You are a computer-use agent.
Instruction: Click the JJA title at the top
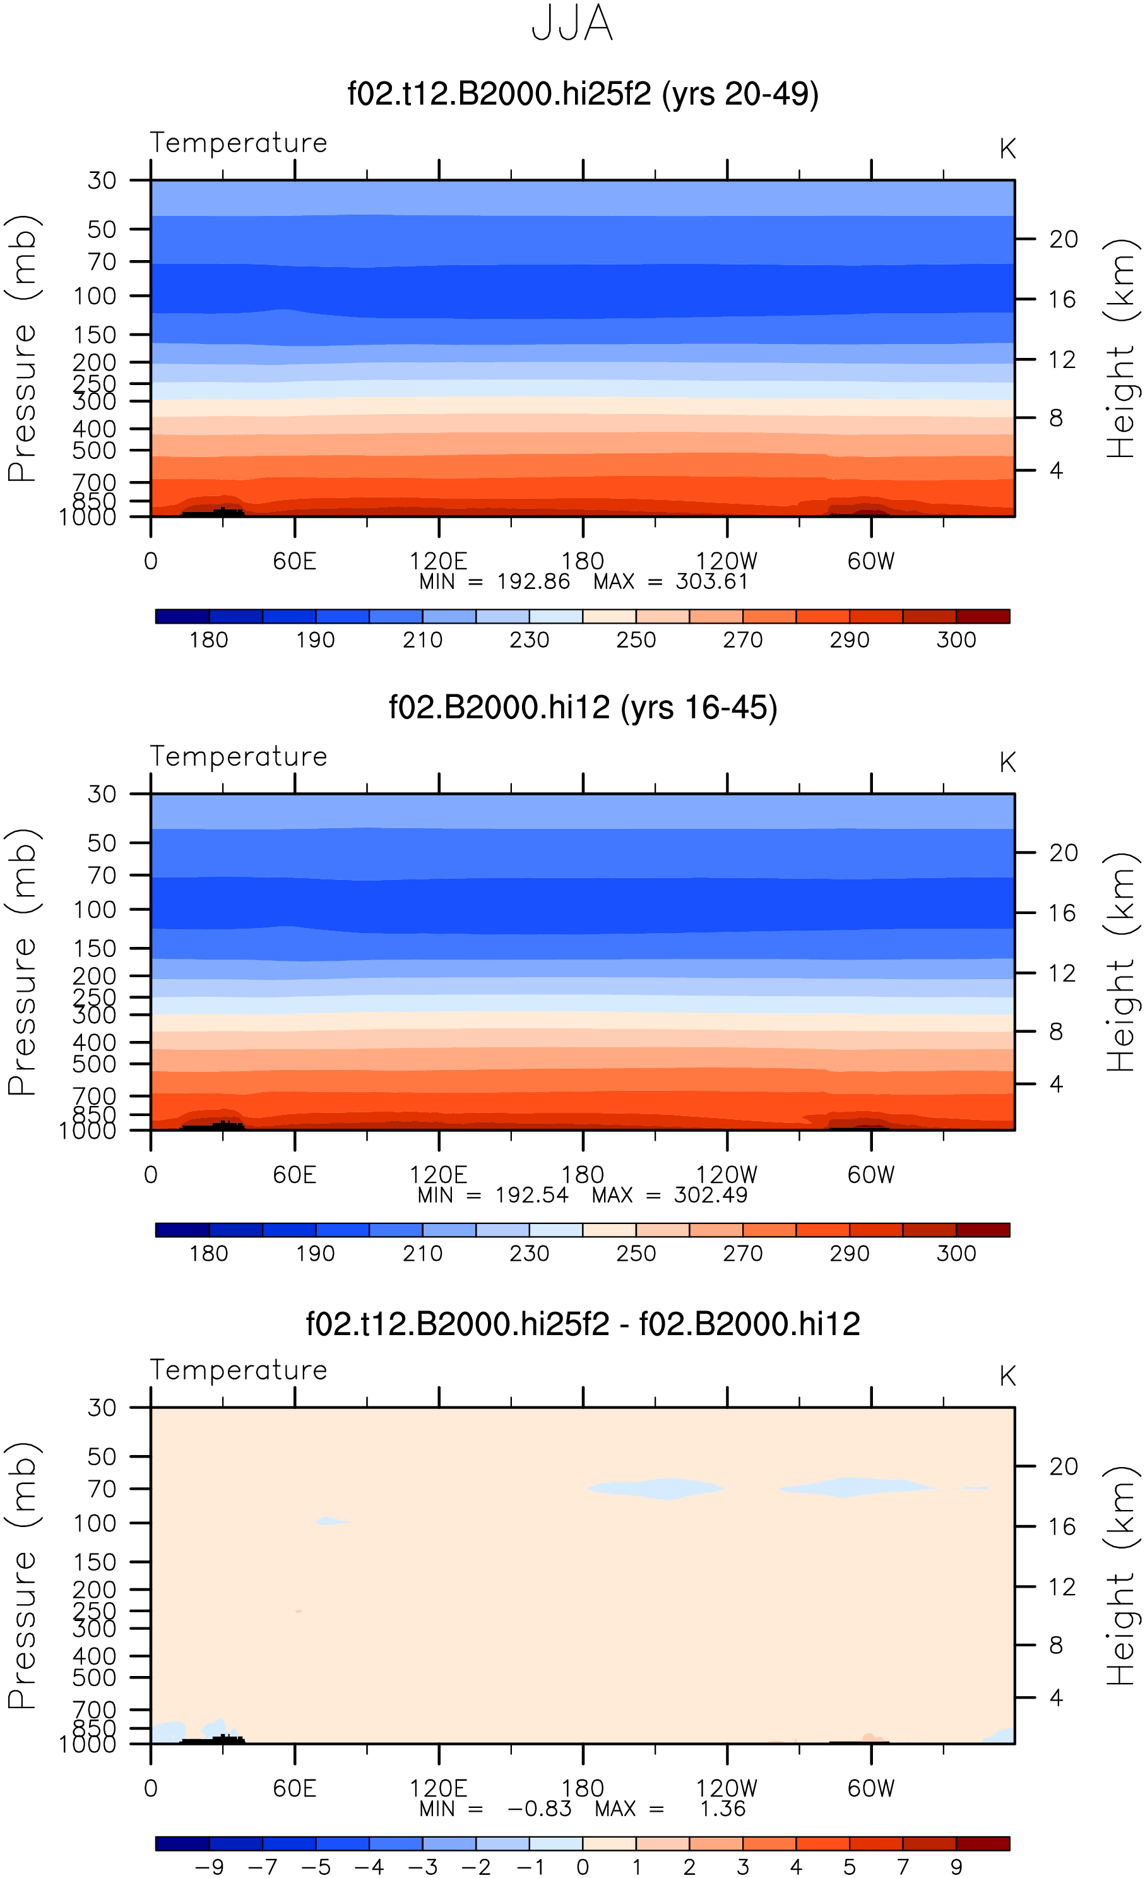pos(572,23)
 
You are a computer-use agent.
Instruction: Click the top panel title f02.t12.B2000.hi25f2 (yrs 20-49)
pos(583,95)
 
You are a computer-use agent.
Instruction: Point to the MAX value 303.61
pos(711,581)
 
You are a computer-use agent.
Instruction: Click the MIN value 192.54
pos(531,1195)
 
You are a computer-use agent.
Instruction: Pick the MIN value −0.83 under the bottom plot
pos(540,1809)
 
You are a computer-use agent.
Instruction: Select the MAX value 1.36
pos(723,1809)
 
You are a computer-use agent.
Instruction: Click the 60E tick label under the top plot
pos(294,561)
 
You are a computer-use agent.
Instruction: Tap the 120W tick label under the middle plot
pos(727,1175)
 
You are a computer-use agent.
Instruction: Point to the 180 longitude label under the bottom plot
pos(583,1788)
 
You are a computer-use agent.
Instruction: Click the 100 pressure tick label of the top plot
pos(95,295)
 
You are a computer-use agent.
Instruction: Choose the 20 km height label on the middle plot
pos(1064,853)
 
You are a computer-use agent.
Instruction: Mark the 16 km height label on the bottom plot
pos(1062,1526)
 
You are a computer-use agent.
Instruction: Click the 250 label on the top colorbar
pos(636,639)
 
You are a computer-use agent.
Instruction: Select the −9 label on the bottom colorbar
pos(209,1867)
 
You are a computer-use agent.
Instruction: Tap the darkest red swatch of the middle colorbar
pos(983,1230)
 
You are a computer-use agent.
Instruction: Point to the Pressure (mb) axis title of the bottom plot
pos(23,1576)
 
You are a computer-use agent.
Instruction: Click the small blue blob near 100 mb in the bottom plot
pos(333,1522)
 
